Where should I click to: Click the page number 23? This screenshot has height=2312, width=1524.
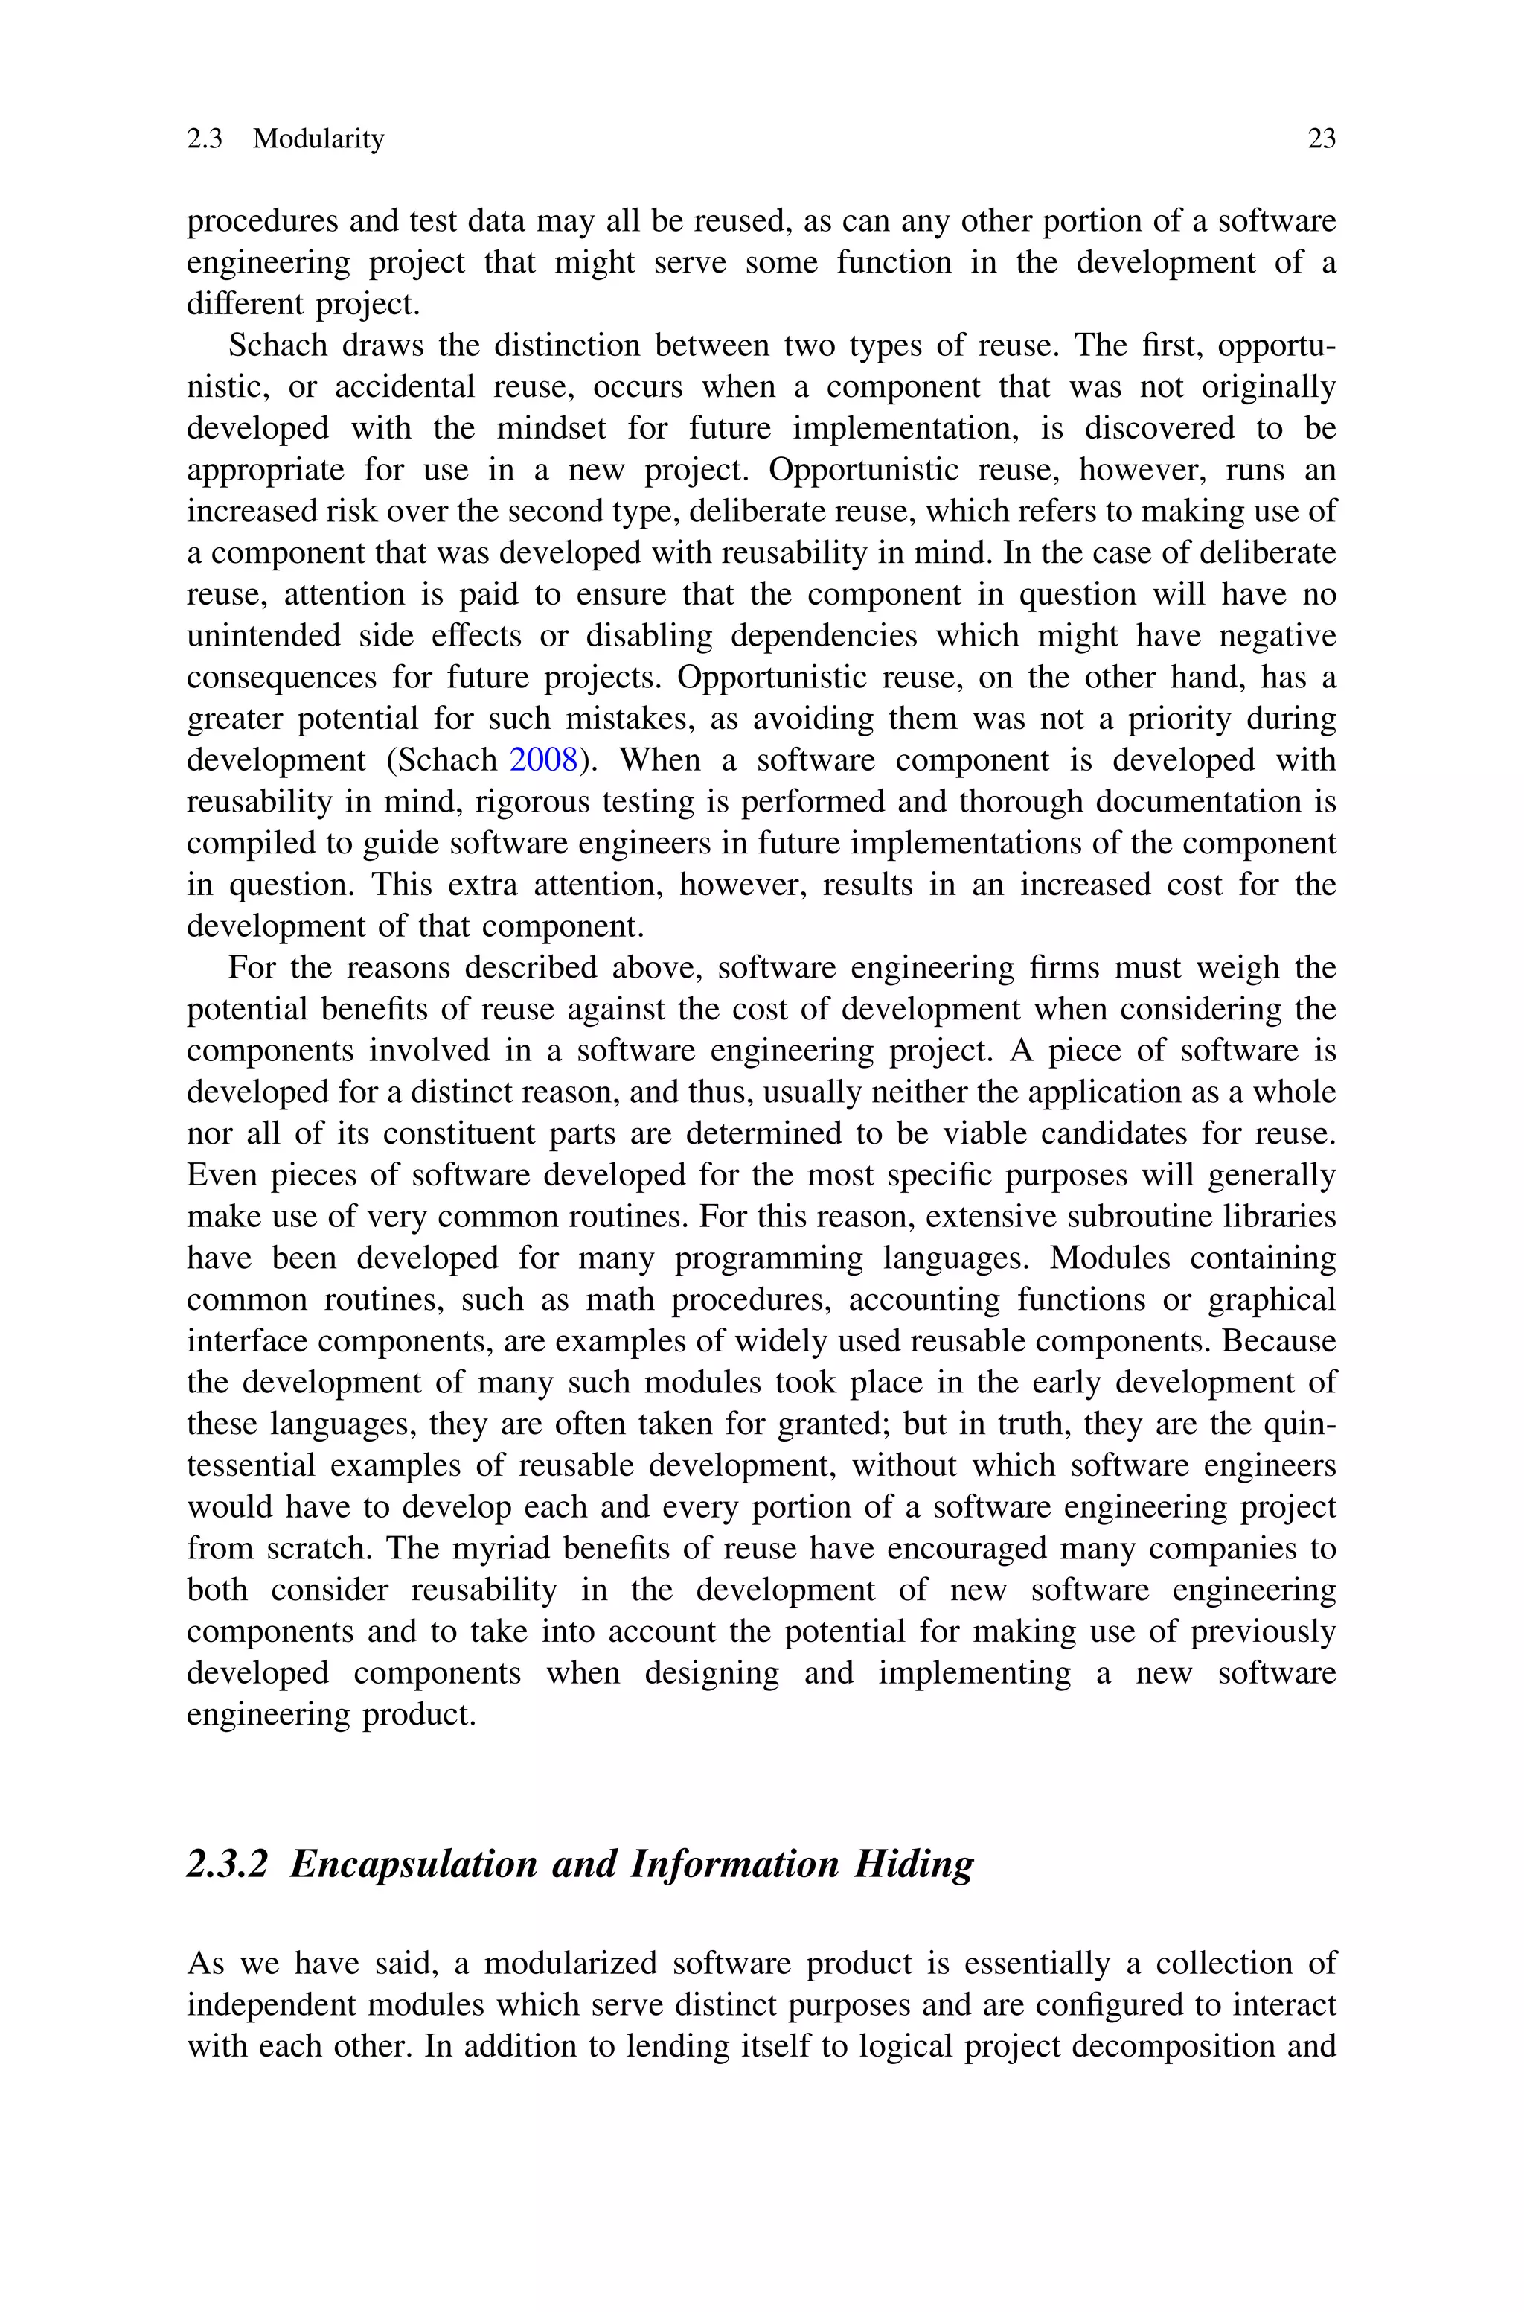pos(1321,139)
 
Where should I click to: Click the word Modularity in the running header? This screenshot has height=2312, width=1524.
pos(318,139)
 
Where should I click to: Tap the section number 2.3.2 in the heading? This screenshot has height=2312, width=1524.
pos(226,1864)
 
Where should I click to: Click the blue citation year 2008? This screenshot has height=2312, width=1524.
pos(544,759)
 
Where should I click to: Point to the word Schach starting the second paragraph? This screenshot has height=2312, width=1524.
pos(276,345)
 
